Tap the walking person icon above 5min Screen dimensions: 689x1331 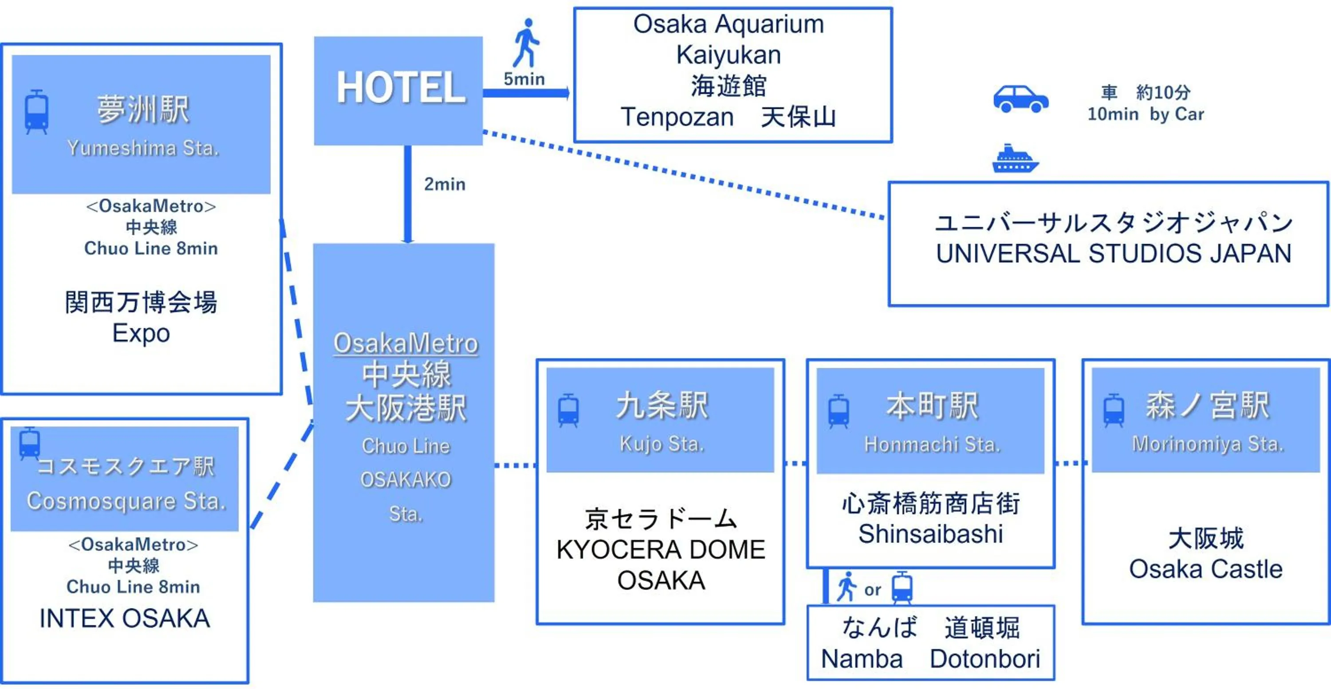pos(526,43)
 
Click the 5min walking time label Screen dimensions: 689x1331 pos(524,79)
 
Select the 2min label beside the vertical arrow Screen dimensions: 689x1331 pos(445,184)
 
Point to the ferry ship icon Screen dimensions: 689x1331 pos(1015,159)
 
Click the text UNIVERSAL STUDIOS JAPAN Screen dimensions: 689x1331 pos(1114,254)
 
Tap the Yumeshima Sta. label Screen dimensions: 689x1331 pos(143,148)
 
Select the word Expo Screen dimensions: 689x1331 pos(141,333)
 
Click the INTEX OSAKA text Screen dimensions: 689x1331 pos(125,618)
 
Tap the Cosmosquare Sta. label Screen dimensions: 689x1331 pos(126,501)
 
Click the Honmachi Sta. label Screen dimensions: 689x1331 pos(932,444)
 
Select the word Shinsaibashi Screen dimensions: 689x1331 pos(930,533)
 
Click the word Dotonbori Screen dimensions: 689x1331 pos(985,658)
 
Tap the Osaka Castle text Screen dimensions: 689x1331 pos(1205,569)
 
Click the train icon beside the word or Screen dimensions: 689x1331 pos(902,588)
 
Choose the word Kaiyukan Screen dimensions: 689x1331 pos(728,55)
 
